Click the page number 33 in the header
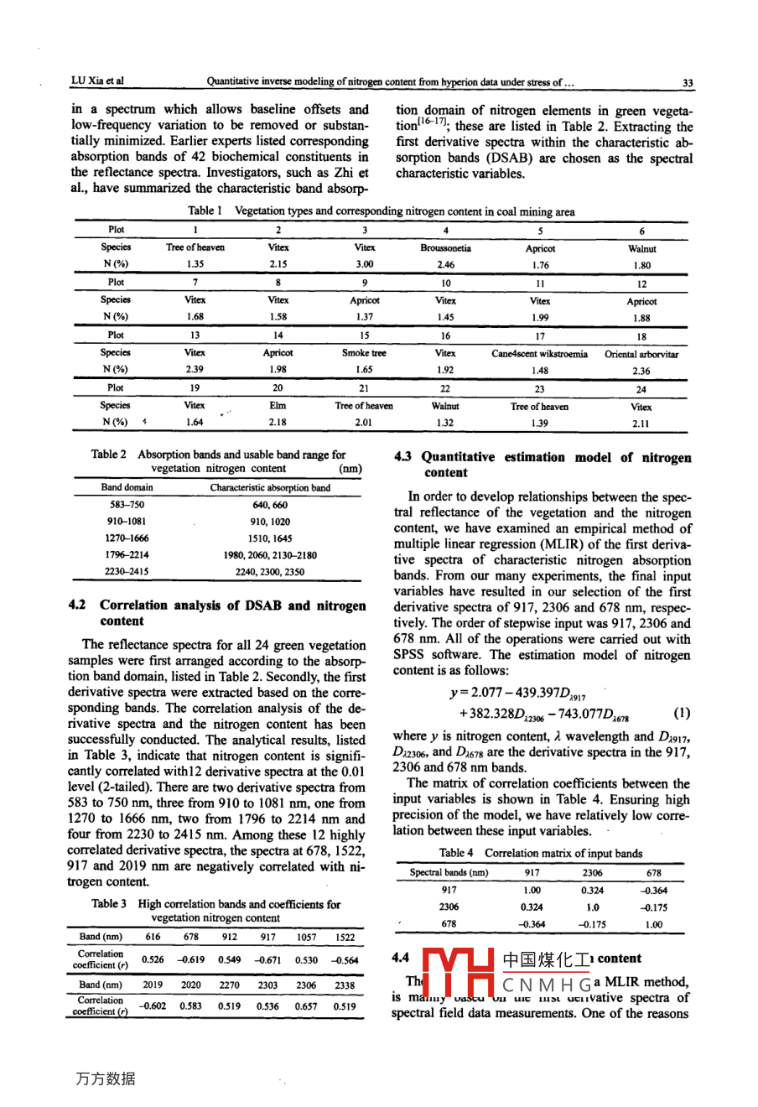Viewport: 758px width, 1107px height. point(688,82)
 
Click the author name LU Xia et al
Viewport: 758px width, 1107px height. point(97,81)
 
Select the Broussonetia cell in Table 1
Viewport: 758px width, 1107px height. point(445,248)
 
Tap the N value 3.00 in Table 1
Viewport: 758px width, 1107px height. point(364,265)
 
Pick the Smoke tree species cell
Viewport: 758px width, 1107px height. point(364,353)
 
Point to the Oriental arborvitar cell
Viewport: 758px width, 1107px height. point(641,354)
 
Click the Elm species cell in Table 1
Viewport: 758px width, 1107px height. point(278,406)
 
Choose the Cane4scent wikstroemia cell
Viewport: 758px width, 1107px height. point(539,354)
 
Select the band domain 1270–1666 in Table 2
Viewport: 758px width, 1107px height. point(127,538)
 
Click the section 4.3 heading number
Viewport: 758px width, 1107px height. point(403,457)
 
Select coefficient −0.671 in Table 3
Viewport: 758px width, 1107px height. point(267,959)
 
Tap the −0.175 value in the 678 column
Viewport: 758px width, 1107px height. point(653,907)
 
